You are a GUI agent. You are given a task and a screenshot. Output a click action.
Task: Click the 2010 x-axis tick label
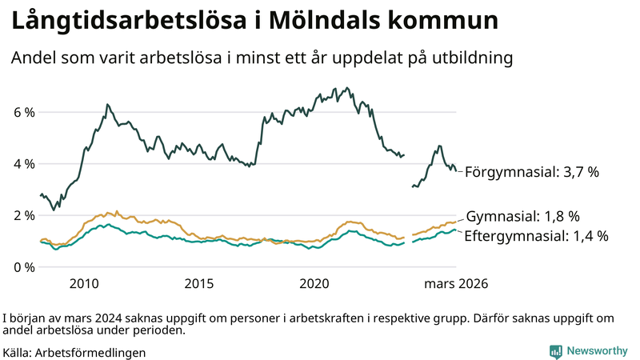pos(84,284)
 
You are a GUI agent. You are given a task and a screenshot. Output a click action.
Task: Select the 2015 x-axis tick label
pos(199,284)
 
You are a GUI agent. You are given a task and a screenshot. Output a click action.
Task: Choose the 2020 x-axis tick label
pos(314,284)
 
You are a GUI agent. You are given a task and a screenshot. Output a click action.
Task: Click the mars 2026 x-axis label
pos(455,284)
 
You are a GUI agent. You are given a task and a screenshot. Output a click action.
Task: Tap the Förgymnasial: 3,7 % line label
pos(531,171)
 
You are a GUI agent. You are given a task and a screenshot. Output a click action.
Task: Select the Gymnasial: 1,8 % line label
pos(522,217)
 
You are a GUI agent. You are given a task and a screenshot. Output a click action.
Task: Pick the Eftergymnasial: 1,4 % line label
pos(536,235)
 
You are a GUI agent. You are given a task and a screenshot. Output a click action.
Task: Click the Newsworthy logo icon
pos(555,351)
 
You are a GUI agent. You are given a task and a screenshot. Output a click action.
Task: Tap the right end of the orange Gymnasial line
pos(455,222)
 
